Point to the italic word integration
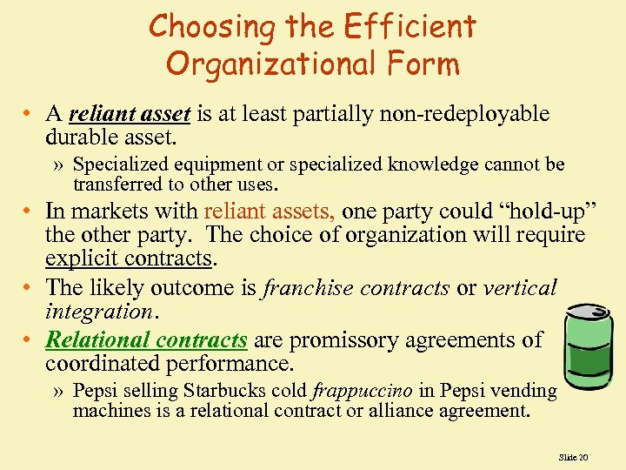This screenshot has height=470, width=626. point(97,310)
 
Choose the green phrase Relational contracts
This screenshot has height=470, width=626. point(146,340)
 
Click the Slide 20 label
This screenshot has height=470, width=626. point(574,456)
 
